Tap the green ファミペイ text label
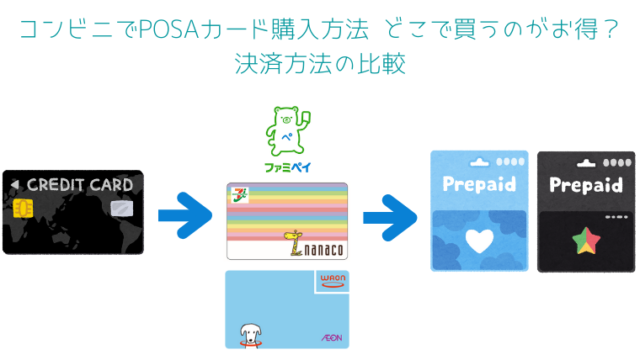[287, 167]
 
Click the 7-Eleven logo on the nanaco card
[242, 194]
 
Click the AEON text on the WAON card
[331, 337]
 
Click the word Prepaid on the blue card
[478, 185]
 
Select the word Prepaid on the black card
[586, 185]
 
